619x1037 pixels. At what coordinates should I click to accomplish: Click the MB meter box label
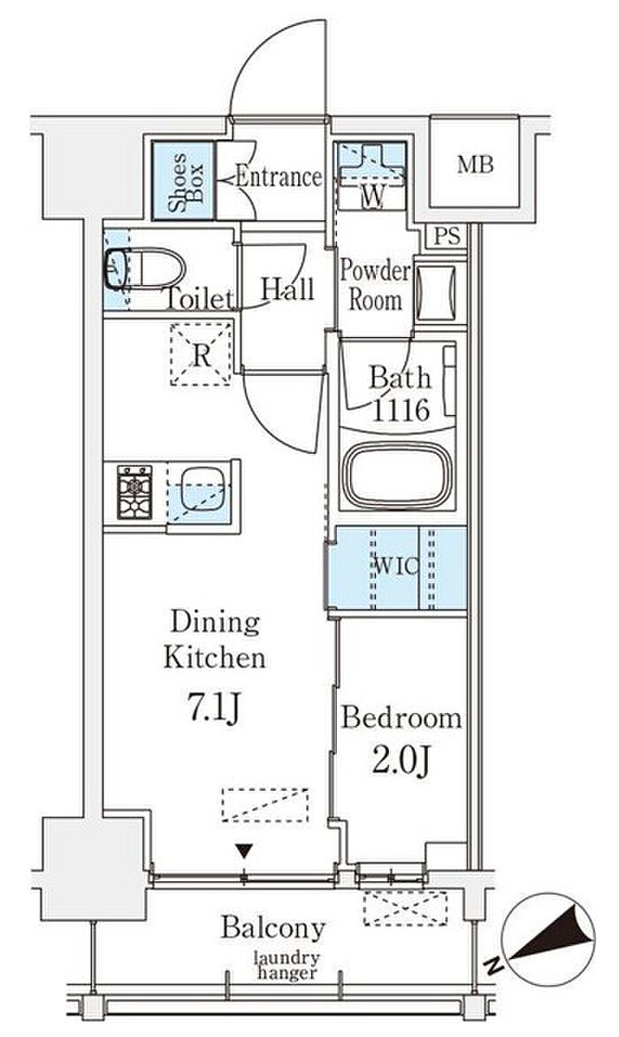point(475,164)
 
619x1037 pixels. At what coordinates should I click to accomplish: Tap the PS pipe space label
point(447,236)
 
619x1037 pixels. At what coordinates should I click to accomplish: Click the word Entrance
point(279,177)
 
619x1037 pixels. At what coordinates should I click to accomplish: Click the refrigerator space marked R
point(201,355)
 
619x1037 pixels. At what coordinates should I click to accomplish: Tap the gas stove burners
point(134,492)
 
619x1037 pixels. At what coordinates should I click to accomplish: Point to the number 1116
point(401,411)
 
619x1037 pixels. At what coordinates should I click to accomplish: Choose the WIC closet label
point(395,567)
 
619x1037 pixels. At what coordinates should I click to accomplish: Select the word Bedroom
point(401,718)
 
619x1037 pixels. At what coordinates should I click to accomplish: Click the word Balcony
point(273,928)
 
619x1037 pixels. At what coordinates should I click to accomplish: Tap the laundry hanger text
point(287,965)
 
